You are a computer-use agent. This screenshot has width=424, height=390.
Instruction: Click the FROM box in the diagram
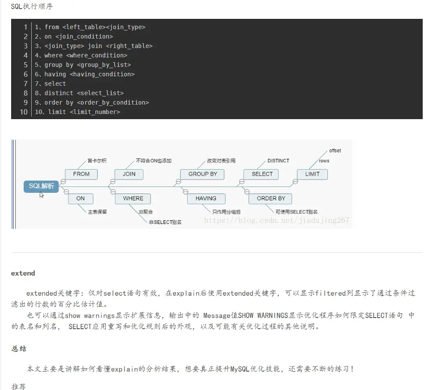[x=81, y=174]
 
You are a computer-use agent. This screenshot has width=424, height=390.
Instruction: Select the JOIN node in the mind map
[x=129, y=174]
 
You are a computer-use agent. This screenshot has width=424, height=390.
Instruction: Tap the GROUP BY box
[x=203, y=174]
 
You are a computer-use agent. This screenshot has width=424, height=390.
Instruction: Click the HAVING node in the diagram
[x=206, y=198]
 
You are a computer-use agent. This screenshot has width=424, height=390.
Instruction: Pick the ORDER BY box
[x=271, y=198]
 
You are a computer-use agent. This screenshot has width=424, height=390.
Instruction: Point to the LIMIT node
[x=312, y=174]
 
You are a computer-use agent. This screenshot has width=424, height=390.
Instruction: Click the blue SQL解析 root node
[x=41, y=186]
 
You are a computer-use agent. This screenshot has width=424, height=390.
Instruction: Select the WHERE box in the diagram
[x=133, y=198]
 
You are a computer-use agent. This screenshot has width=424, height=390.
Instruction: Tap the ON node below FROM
[x=80, y=198]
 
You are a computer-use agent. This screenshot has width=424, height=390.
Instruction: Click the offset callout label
[x=335, y=151]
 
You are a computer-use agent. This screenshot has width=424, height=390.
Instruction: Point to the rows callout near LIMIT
[x=324, y=161]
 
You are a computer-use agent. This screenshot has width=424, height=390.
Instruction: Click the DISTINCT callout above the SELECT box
[x=278, y=161]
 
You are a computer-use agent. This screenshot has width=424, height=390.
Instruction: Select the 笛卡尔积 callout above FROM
[x=97, y=161]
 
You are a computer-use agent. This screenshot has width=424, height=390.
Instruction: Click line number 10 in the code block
[x=23, y=112]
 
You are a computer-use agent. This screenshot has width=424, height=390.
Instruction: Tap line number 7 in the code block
[x=25, y=84]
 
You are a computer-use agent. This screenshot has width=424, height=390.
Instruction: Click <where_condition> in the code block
[x=97, y=55]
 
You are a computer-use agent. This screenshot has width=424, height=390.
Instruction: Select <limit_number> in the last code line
[x=95, y=112]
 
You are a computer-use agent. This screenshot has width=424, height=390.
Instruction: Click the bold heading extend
[x=23, y=273]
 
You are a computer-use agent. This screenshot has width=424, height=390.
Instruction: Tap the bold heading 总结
[x=19, y=348]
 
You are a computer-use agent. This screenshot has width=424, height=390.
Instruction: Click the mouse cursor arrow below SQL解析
[x=42, y=195]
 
